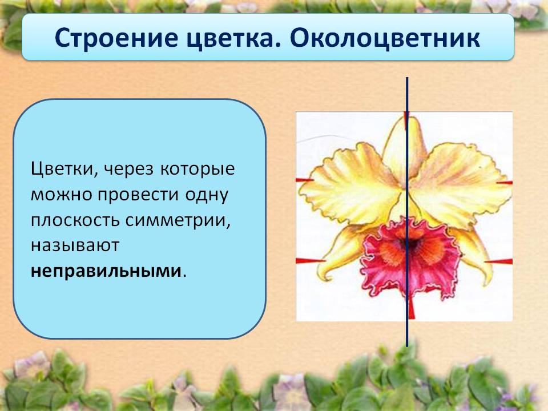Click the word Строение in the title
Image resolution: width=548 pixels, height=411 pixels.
[x=116, y=38]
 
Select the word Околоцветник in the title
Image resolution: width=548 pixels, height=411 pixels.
[x=385, y=38]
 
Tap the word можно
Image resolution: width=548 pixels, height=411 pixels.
[x=61, y=195]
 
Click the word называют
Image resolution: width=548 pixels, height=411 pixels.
[x=75, y=245]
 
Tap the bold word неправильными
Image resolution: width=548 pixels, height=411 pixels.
[x=106, y=271]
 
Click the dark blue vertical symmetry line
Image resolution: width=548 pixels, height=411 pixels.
[x=407, y=212]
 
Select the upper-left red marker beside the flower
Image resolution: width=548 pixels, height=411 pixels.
[x=305, y=180]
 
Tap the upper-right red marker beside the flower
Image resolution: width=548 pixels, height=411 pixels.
[x=505, y=183]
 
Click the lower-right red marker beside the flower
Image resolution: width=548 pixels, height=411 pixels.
[x=499, y=261]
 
